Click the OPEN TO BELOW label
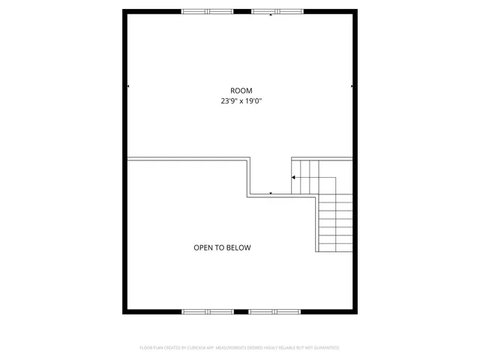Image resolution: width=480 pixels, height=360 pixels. pos(222,247)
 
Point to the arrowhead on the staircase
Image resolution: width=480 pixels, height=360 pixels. pos(294,177)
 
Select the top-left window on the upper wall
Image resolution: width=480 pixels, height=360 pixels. pos(207,11)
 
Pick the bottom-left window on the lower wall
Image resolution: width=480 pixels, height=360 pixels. pos(207,311)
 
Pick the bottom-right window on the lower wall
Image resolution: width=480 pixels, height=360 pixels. pos(274,311)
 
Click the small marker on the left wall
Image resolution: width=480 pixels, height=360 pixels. pos(128,86)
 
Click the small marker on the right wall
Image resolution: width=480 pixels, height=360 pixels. pos(351,86)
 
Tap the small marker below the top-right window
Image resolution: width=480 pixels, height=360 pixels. pos(271,15)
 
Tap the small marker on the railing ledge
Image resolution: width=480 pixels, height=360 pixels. pos(271,193)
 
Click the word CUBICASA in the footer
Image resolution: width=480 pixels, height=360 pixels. pos(190,348)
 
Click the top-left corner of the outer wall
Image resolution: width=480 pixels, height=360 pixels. pos(124,11)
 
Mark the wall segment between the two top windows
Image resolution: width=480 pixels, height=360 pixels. pos(241,11)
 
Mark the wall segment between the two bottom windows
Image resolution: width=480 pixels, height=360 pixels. pos(241,311)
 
